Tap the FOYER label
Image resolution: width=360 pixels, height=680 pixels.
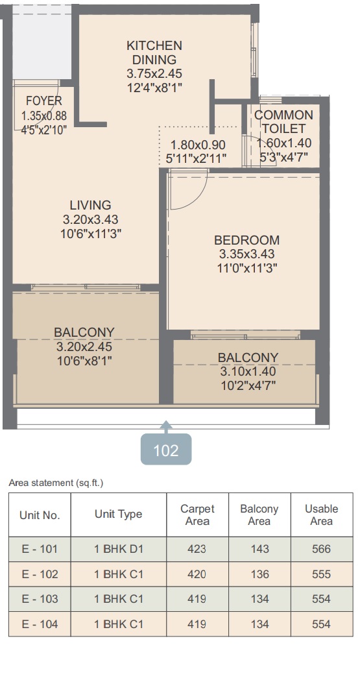point(44,101)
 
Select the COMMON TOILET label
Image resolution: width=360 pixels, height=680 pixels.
point(283,121)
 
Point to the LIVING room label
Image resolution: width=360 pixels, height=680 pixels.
point(90,204)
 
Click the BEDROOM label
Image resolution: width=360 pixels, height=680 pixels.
point(246,240)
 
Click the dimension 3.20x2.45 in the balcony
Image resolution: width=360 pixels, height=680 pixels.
point(84,346)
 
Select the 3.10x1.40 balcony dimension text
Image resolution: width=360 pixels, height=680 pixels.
point(248,371)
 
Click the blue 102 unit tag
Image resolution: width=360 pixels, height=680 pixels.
point(166,450)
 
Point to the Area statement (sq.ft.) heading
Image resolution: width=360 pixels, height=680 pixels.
point(56,483)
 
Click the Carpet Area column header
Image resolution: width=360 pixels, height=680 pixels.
point(197,515)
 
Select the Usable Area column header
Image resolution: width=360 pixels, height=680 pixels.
point(321,515)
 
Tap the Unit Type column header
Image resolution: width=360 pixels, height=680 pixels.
point(119,515)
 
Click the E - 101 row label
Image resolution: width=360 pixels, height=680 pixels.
point(40,549)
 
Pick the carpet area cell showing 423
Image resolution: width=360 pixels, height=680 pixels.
point(197,549)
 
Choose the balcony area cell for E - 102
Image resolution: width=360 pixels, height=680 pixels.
point(259,574)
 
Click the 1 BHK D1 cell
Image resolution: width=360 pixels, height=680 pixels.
point(119,549)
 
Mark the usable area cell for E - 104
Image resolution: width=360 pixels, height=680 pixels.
point(321,624)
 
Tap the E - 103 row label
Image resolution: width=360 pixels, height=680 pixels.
point(40,599)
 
